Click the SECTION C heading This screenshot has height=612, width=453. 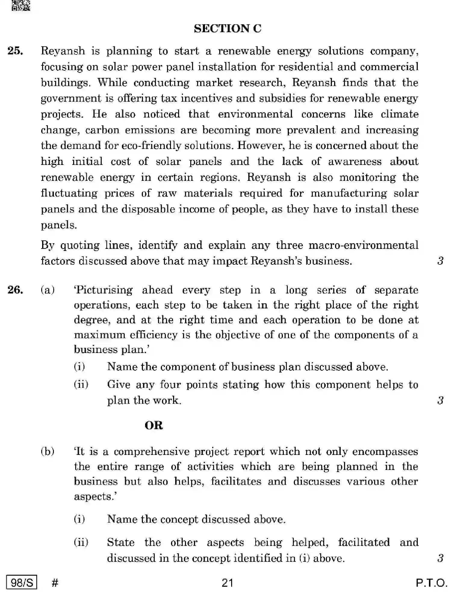coord(228,29)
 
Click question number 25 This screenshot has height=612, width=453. coord(15,51)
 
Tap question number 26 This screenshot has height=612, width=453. coord(15,290)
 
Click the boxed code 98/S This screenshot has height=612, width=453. coord(22,583)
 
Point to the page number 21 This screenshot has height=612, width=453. coord(227,583)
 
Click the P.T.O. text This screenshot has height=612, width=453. coord(431,583)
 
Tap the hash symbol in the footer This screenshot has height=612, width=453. coord(55,583)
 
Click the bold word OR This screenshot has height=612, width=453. coord(154,425)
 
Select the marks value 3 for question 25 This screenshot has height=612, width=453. coord(440,261)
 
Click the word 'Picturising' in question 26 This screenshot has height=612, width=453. coord(103,290)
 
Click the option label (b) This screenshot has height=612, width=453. coord(48,451)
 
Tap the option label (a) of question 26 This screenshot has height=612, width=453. coord(48,290)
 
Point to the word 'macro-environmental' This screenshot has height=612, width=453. coord(364,245)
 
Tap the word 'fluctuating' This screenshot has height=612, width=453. coord(69,193)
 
